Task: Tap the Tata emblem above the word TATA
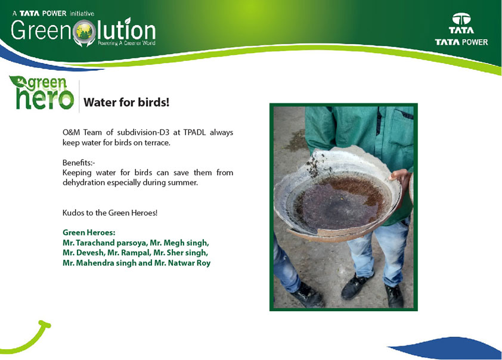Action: point(461,19)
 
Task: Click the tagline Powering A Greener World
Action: point(126,43)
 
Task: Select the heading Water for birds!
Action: point(126,103)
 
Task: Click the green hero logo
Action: point(42,93)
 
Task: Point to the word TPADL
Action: point(194,132)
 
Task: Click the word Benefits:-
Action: point(79,163)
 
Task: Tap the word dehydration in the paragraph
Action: point(83,182)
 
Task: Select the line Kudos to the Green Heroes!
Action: point(110,213)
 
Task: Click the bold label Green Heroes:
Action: point(89,232)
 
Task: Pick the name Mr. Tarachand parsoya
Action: point(104,243)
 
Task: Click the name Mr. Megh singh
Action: point(179,243)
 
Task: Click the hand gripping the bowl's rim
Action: point(400,179)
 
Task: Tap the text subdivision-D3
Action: point(142,132)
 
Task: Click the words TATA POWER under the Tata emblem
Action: point(461,42)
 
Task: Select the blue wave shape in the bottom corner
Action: point(448,348)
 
